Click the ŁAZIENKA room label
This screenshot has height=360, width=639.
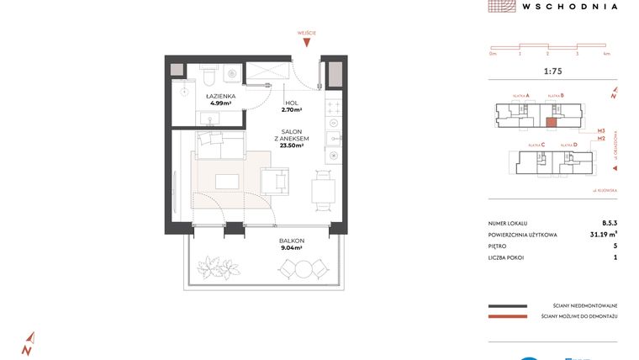pos(220,97)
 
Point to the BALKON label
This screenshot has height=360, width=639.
pos(292,240)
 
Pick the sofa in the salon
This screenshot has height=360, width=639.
pos(220,145)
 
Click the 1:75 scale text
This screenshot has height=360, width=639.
pos(552,71)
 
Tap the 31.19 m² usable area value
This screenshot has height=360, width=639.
pos(604,235)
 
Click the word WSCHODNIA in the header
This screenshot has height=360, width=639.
pos(569,6)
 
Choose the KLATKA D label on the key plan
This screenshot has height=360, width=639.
pos(569,145)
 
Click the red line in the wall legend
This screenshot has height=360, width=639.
pos(506,316)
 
